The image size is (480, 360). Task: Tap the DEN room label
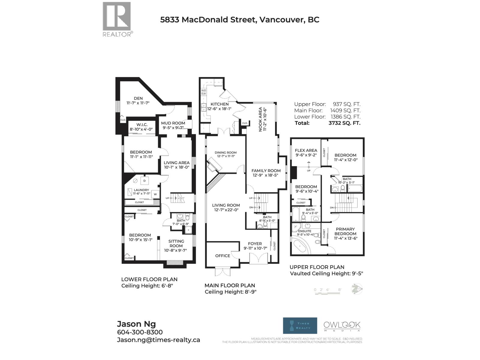pos(138,98)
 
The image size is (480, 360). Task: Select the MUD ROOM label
pos(173,123)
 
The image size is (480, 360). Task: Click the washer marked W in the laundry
pos(155,194)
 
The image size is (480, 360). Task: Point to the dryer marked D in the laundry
pos(145,181)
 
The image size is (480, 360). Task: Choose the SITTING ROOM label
pos(176,243)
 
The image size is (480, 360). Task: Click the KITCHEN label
pos(219,104)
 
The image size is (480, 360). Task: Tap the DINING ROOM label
pos(226,153)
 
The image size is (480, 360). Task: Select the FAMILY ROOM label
pos(266,171)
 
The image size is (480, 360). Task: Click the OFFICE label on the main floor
pos(223,256)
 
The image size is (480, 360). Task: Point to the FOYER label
pos(255,244)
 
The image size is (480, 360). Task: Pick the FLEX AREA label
pos(306,150)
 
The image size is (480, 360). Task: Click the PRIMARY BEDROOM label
pos(345,231)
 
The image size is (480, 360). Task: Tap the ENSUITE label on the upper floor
pos(305,231)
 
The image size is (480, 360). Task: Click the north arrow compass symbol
pos(357,289)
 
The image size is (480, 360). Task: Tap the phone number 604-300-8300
pos(140,332)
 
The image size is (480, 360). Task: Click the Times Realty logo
pos(300,325)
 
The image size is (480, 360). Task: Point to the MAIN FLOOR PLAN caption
pos(229,286)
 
